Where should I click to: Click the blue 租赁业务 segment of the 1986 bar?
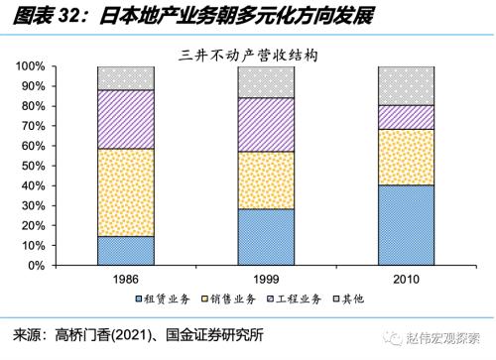[x=125, y=251]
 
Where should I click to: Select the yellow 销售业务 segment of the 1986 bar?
[x=125, y=192]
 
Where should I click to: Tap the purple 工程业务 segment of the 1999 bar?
[x=266, y=124]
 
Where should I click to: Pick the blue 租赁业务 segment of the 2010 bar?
[x=406, y=225]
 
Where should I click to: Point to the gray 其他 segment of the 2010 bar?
[x=406, y=85]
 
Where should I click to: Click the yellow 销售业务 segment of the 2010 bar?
[x=406, y=157]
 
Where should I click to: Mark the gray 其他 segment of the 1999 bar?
[x=266, y=81]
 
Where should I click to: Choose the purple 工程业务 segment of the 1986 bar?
[x=125, y=119]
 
